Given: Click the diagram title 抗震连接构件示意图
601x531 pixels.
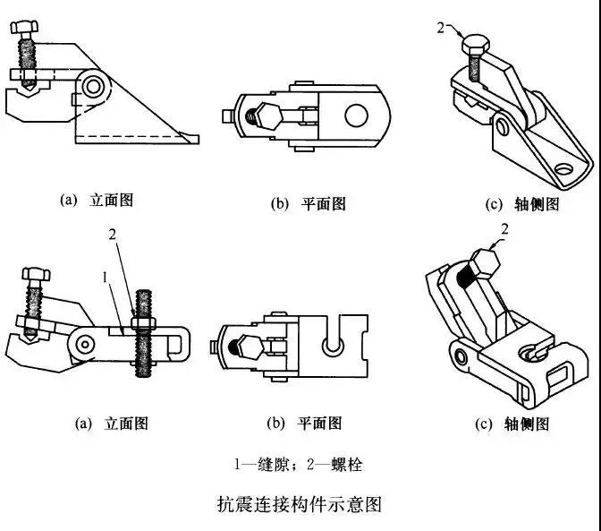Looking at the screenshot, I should tap(300, 504).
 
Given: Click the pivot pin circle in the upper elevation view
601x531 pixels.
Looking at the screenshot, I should tap(94, 86).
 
